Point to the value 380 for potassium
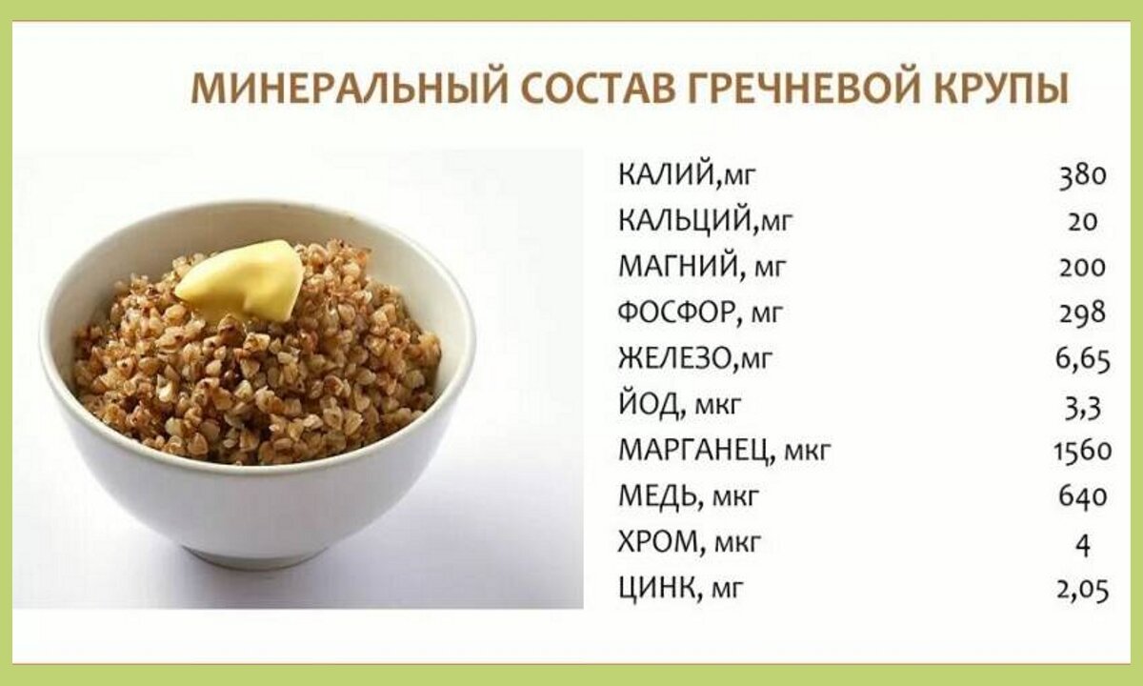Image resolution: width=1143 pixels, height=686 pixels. (1082, 175)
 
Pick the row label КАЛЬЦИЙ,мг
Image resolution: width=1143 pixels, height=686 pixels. (705, 221)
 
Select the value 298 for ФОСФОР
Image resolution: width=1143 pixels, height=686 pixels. (1082, 313)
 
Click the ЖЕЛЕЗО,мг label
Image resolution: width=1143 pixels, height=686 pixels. (694, 358)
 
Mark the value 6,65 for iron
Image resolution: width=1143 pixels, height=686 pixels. (1082, 358)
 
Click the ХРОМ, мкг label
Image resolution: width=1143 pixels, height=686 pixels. (690, 543)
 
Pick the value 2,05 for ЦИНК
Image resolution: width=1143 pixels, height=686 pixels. (1082, 589)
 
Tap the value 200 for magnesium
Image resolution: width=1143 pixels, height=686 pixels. (1082, 267)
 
